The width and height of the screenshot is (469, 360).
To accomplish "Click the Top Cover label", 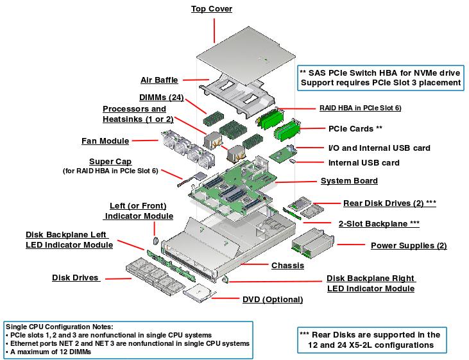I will (x=212, y=9).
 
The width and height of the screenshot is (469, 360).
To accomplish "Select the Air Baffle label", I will (x=160, y=80).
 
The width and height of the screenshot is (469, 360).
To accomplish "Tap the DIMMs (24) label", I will (x=162, y=97).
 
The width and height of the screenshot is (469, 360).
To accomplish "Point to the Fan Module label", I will (x=105, y=141).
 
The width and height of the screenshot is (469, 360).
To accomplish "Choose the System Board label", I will (x=349, y=181).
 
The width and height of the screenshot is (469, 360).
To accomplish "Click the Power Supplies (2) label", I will (x=409, y=245).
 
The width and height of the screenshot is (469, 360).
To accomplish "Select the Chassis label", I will (x=287, y=265).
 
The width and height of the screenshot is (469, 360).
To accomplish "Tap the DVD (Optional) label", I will (x=273, y=299).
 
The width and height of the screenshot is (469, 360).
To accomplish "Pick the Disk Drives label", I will (x=76, y=278).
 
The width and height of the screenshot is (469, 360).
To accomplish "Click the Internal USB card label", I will (x=364, y=163).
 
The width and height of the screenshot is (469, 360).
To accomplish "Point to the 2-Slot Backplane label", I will (x=379, y=223).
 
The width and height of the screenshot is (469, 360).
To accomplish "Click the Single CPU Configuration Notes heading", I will (x=59, y=327).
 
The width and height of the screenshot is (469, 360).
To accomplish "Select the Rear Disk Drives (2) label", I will (x=389, y=203).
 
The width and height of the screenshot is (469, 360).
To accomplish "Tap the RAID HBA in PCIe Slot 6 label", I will (x=360, y=108).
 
